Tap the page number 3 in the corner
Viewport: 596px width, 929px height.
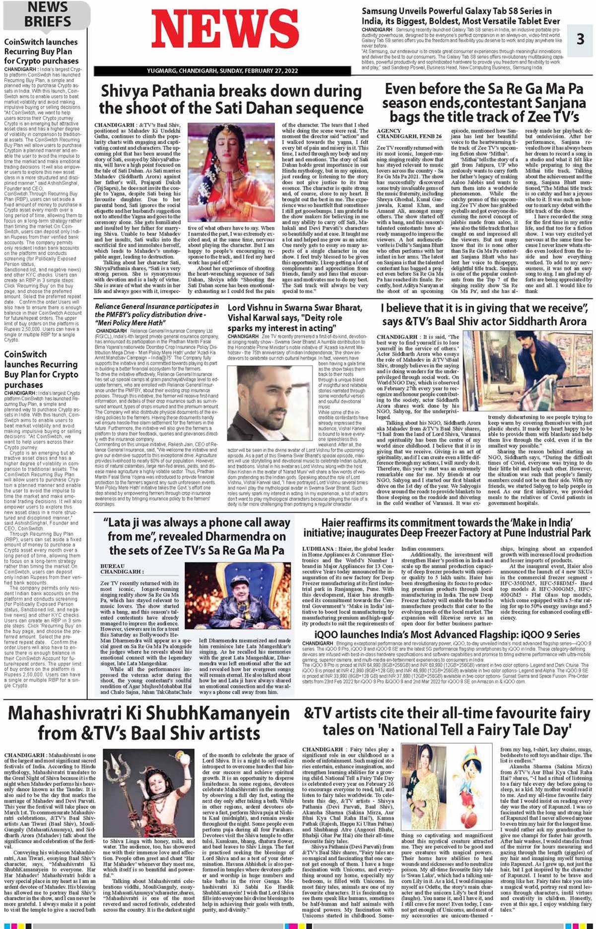click(580, 39)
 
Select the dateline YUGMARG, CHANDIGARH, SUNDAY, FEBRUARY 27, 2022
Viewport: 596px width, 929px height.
click(222, 71)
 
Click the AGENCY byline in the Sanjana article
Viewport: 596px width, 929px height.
click(389, 131)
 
